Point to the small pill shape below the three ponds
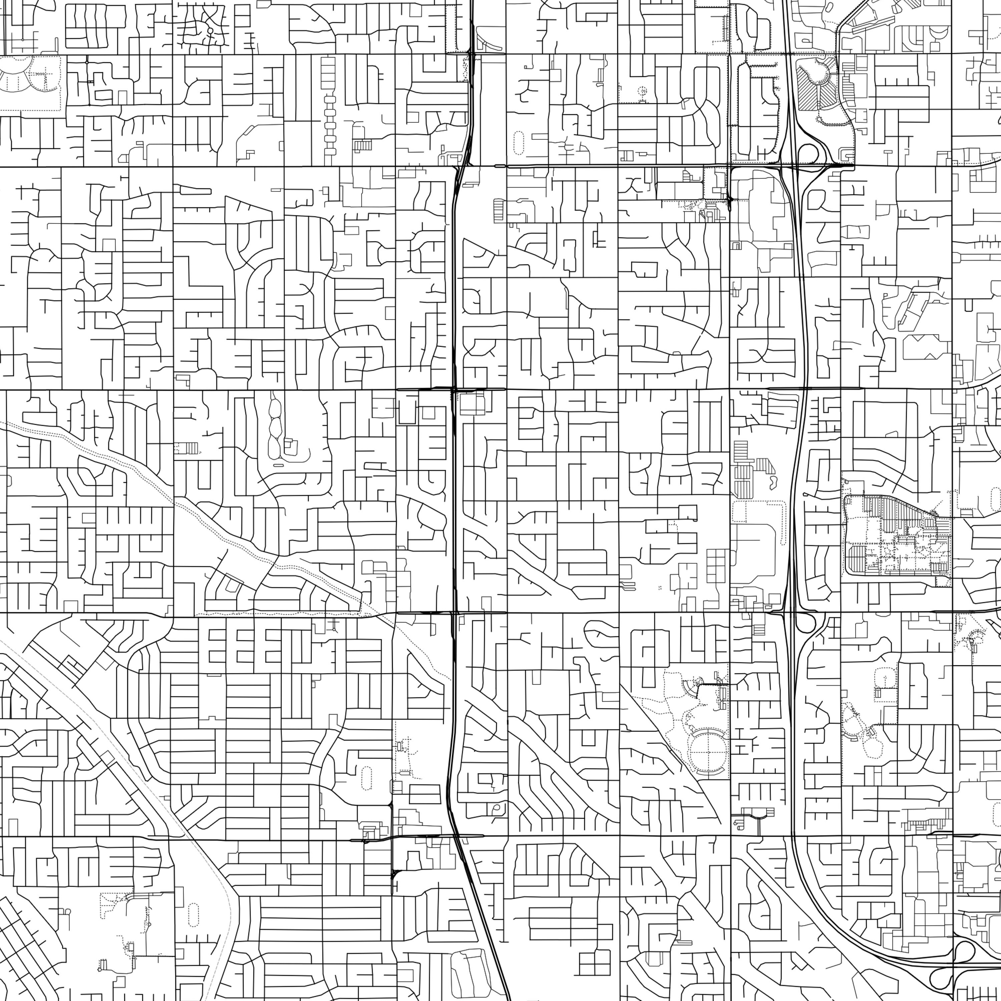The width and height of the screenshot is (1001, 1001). (278, 465)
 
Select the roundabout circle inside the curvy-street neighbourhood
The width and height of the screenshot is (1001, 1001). (210, 31)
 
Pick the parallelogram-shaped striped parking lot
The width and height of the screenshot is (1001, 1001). (764, 464)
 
